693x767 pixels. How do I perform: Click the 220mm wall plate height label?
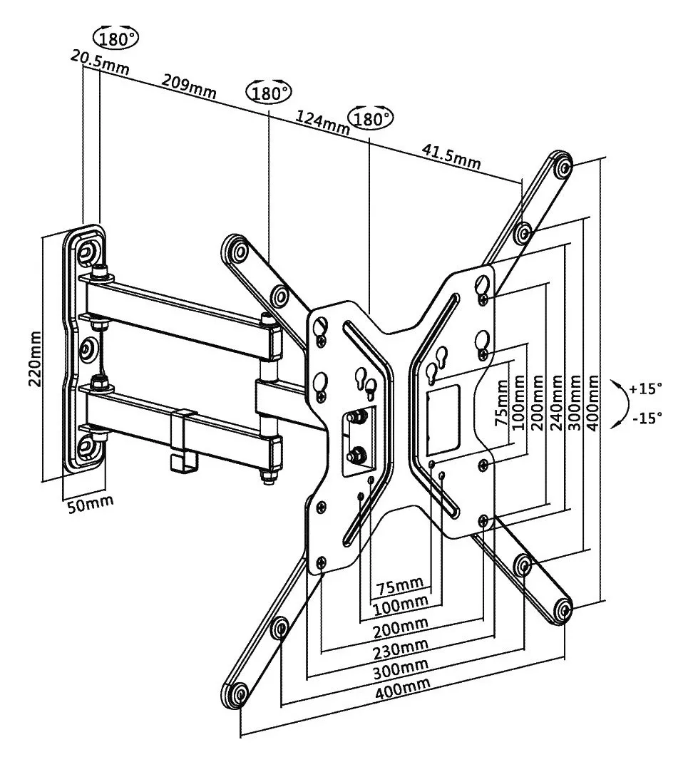pos(35,359)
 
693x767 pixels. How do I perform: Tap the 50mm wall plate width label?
pos(90,503)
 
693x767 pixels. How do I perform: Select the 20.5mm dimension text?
pos(101,62)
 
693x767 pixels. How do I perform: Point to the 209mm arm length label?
pos(189,86)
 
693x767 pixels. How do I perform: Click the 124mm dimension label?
pos(322,123)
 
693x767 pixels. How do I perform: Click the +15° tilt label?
pos(645,389)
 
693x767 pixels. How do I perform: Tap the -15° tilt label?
pos(647,418)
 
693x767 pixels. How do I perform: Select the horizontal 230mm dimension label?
pos(401,649)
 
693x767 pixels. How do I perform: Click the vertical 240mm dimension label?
pos(556,402)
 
